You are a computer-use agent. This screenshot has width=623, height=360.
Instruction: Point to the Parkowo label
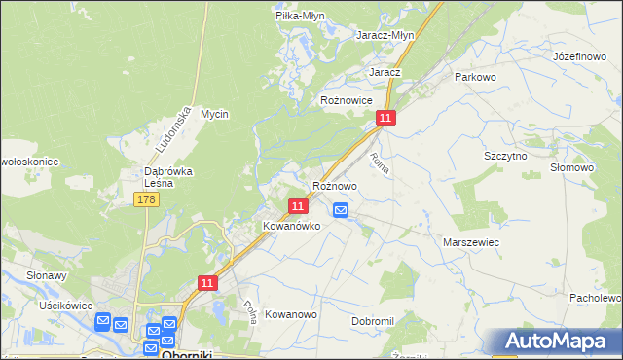[475, 76]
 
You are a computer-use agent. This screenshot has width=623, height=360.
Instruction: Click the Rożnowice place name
[348, 99]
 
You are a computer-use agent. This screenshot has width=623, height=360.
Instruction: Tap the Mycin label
[214, 114]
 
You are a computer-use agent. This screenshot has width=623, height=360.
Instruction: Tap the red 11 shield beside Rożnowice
[386, 118]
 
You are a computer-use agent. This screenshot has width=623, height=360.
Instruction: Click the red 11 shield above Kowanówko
[299, 205]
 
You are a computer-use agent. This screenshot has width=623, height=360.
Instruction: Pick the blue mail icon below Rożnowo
[341, 209]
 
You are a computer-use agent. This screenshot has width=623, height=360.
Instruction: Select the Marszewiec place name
[471, 241]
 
